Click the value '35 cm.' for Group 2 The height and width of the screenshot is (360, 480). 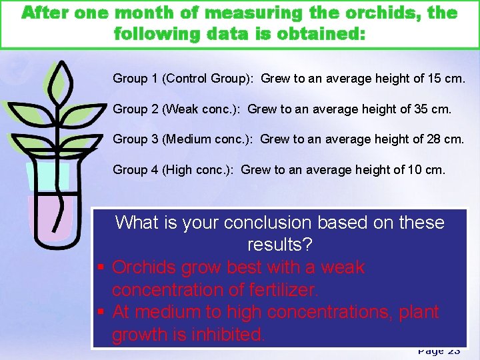click(434, 109)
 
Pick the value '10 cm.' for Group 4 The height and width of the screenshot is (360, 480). click(428, 170)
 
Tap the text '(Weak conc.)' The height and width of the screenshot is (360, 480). click(201, 109)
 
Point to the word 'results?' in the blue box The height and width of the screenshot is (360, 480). click(279, 245)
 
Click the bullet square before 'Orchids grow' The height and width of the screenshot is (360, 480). click(101, 268)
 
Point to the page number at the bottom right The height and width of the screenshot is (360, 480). click(439, 351)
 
